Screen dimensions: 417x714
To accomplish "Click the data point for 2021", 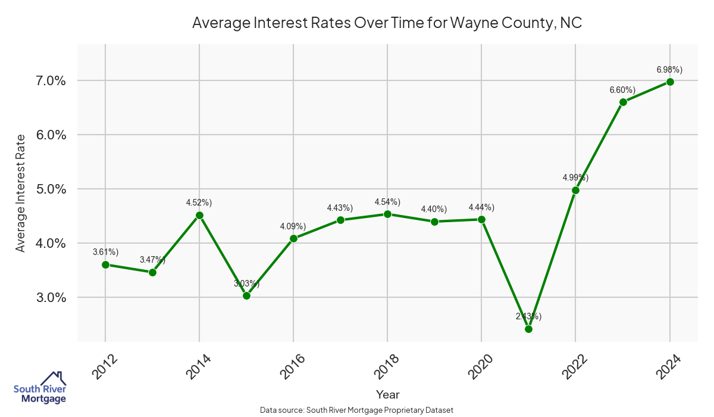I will pos(528,329).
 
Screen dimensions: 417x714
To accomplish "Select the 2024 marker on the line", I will pos(670,82).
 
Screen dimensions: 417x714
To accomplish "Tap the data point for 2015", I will pos(246,295).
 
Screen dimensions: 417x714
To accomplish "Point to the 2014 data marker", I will pos(199,215).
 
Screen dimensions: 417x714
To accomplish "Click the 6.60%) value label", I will pos(622,90).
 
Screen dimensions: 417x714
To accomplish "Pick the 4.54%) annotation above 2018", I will pos(387,202).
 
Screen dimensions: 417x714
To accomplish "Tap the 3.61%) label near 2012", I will pos(105,252).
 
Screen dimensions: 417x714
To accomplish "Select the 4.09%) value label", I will pos(293,226).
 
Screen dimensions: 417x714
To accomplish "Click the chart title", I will pos(387,23).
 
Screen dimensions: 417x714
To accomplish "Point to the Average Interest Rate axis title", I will pos(21,192).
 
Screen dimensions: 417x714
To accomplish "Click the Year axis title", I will pos(387,394).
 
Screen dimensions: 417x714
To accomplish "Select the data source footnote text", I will pos(357,410).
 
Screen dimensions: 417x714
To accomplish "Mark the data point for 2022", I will pos(575,190).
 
